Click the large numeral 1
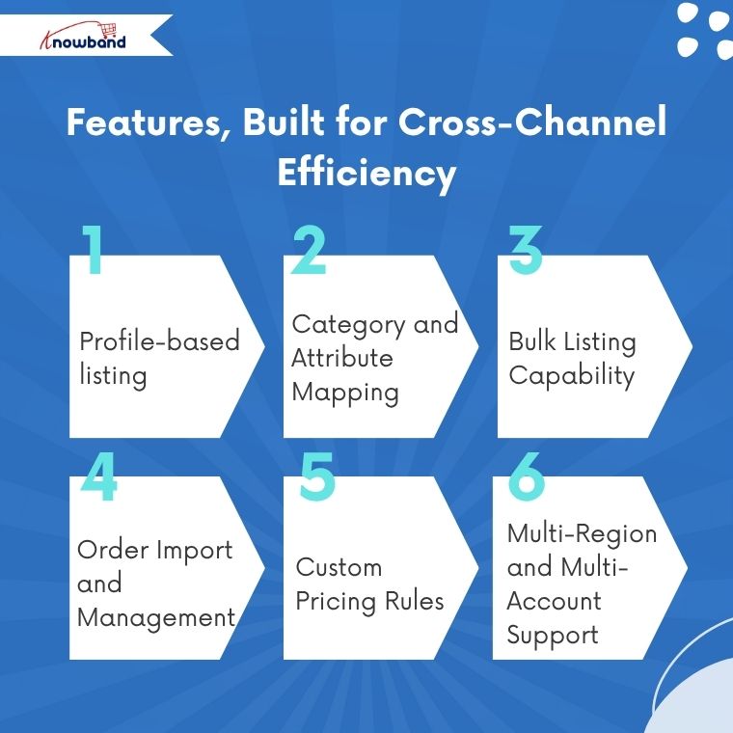click(94, 252)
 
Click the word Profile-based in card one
click(159, 341)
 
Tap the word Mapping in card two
click(345, 393)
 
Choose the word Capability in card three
click(571, 375)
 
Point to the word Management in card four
click(156, 617)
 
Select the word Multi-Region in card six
click(582, 533)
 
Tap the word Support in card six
click(553, 635)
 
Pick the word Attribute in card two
click(342, 358)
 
